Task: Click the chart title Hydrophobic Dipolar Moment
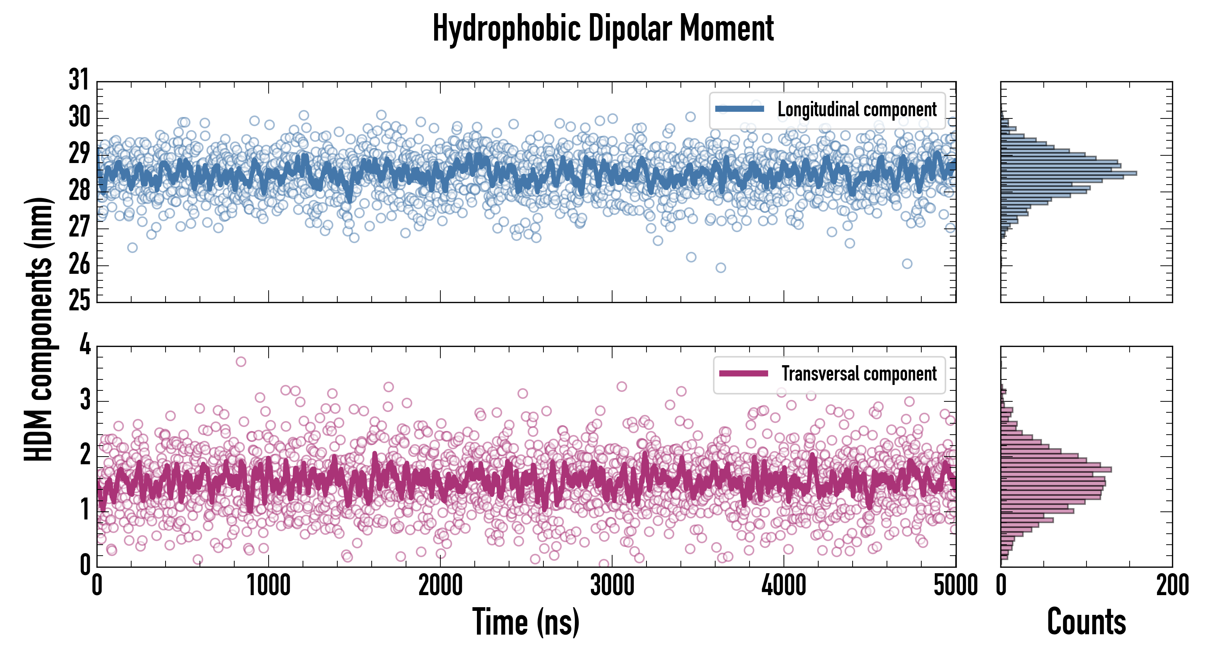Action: point(603,29)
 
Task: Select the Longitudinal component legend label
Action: point(857,110)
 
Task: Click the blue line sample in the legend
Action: point(739,109)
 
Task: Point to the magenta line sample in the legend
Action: point(743,374)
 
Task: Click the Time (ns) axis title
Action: point(526,622)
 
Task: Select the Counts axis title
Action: point(1086,622)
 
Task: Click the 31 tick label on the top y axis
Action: point(79,80)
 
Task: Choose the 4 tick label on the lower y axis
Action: point(85,345)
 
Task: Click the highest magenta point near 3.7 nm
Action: point(240,362)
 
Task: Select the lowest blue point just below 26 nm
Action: point(721,268)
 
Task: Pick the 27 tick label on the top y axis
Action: point(79,228)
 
